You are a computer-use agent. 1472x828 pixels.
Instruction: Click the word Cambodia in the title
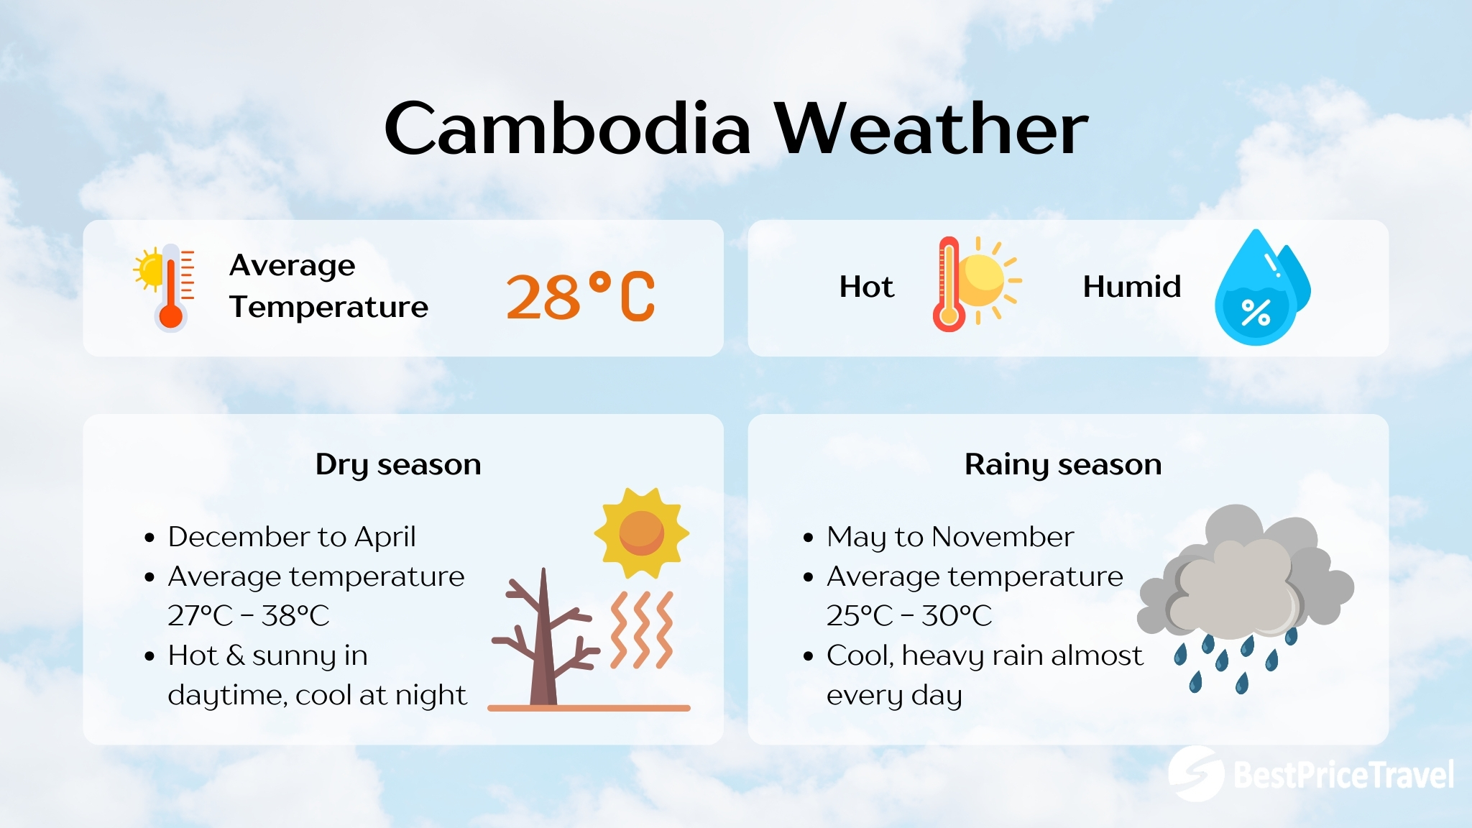point(568,129)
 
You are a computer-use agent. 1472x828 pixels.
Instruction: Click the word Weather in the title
point(931,129)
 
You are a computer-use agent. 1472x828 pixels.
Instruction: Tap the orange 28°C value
point(581,296)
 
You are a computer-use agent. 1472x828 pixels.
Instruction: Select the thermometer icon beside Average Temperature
point(170,287)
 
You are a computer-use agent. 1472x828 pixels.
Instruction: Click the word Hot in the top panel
point(866,287)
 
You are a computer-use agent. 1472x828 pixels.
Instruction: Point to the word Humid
point(1131,287)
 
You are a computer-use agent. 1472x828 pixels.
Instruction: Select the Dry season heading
point(397,464)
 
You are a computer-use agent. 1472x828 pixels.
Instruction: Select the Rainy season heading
point(1062,464)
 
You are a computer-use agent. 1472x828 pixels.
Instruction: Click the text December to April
point(291,537)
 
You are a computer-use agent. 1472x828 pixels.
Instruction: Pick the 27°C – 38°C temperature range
point(248,616)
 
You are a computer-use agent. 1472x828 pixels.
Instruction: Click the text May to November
point(949,537)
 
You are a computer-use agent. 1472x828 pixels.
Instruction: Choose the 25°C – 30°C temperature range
point(908,616)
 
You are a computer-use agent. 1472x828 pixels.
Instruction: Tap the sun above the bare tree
point(640,533)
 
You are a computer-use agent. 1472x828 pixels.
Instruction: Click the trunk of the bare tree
point(543,647)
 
